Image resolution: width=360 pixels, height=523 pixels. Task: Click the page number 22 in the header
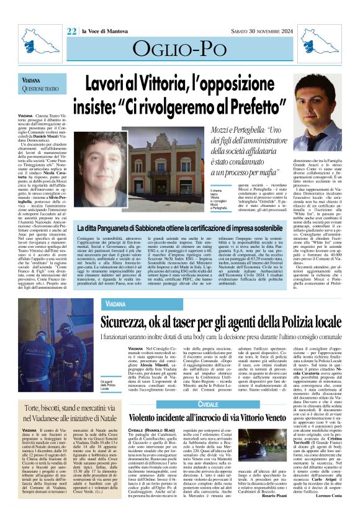click(x=71, y=31)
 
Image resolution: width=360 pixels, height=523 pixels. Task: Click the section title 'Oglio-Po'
click(x=179, y=49)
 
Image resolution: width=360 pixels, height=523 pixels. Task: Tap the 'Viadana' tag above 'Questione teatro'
click(x=32, y=81)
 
